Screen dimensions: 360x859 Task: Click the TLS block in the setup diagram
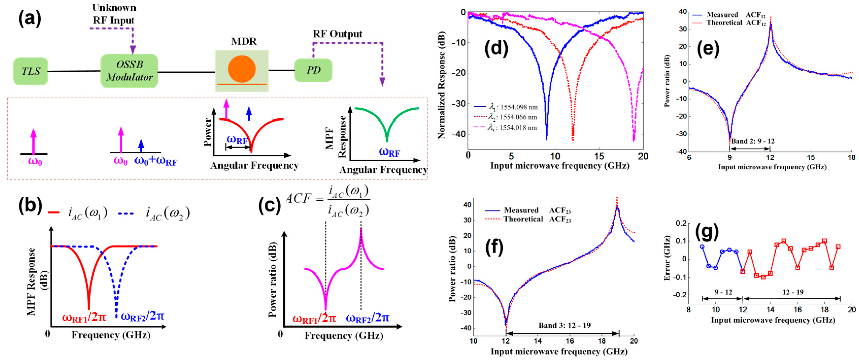click(x=31, y=71)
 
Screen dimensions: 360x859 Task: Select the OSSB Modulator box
click(x=129, y=71)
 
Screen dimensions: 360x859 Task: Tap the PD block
click(x=313, y=70)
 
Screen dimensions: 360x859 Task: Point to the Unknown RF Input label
click(x=114, y=14)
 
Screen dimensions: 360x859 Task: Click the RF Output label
click(x=337, y=34)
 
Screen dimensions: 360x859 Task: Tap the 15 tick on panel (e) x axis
click(x=811, y=157)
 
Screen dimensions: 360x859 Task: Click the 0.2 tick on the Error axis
click(x=680, y=223)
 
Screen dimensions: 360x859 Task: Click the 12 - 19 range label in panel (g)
click(x=793, y=292)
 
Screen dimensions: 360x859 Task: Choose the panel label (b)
click(x=30, y=205)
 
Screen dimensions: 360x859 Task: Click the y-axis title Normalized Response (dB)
click(x=441, y=85)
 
